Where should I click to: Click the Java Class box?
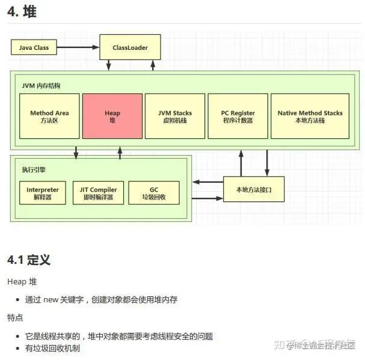[34, 47]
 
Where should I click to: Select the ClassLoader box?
[130, 47]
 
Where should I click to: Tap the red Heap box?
[112, 117]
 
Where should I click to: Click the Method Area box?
[49, 117]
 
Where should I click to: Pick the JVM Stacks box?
[174, 117]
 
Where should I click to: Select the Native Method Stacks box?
[310, 117]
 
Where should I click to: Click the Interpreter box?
[43, 193]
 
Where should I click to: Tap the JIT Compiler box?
[98, 193]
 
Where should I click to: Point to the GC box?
[153, 193]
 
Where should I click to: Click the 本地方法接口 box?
[254, 189]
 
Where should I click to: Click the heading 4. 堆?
[22, 12]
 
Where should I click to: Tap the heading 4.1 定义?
[28, 260]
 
